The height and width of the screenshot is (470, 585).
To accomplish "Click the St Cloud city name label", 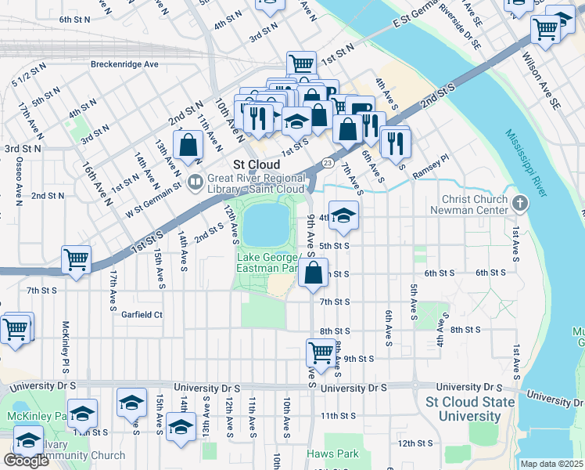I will point(257,164).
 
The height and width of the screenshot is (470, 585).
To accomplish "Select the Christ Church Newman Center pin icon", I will point(522,204).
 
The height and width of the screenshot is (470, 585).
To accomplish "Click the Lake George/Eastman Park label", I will point(268,263).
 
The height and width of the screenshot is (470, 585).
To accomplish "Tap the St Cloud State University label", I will point(470,409).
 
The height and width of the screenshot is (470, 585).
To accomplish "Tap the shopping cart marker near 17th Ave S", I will point(76,259).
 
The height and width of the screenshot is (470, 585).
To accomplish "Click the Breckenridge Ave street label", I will point(124,64).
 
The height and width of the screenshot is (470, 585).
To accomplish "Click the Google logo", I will point(25,461).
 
